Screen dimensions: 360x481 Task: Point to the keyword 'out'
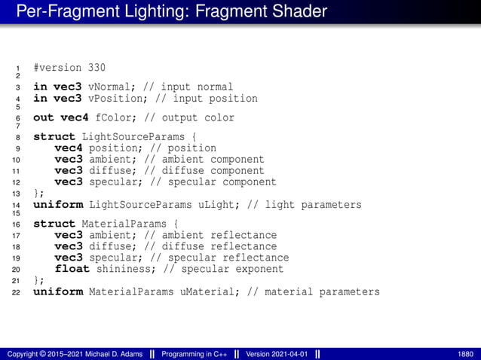(x=43, y=118)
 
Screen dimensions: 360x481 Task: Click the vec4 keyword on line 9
(x=68, y=148)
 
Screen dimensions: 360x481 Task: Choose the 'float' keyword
(x=72, y=269)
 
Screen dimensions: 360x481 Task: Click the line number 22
(x=17, y=293)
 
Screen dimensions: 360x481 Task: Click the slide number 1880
(x=466, y=354)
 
